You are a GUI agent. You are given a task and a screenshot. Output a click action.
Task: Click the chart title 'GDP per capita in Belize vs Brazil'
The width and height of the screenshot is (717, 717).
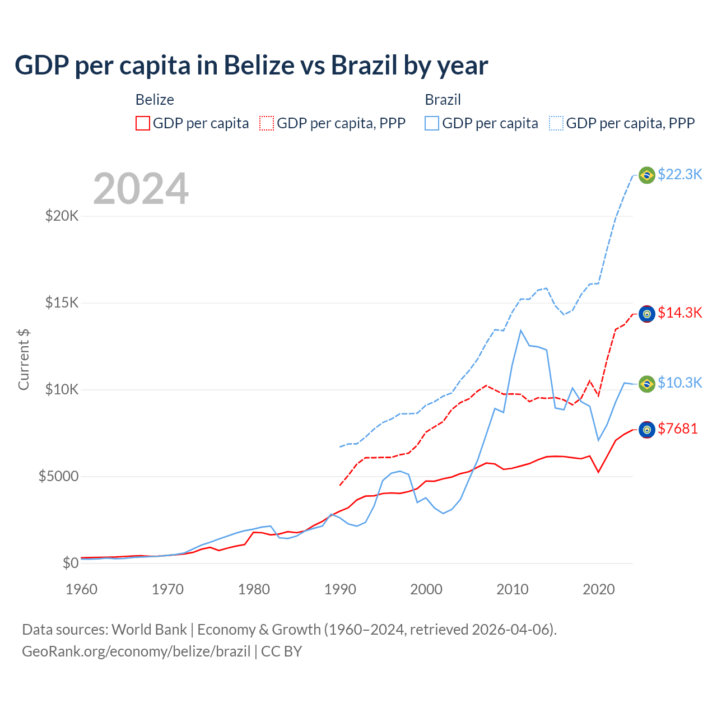tap(251, 66)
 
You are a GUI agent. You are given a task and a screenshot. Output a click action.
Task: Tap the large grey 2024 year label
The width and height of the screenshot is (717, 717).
tap(141, 189)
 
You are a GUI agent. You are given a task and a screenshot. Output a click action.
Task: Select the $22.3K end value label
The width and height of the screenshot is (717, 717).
tap(679, 174)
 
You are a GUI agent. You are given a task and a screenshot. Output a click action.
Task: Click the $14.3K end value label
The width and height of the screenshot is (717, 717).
tap(679, 313)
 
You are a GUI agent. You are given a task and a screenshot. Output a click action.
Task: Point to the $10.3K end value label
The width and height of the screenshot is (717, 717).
tap(679, 383)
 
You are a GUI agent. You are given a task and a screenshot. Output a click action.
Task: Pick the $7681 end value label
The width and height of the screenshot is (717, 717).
tap(677, 429)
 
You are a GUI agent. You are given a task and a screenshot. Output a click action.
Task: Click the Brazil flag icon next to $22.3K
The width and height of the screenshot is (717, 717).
tap(647, 175)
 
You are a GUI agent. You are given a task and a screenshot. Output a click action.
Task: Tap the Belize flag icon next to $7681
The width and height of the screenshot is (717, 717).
tap(647, 430)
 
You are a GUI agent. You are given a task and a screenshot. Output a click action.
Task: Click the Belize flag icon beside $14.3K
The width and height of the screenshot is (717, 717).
tap(647, 314)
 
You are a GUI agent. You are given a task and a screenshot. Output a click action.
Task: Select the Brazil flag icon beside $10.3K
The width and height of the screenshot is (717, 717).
tap(647, 384)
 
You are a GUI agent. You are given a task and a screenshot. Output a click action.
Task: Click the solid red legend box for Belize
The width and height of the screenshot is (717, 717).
tap(143, 123)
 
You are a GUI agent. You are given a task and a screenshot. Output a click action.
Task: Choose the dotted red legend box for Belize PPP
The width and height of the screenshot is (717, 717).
tap(267, 123)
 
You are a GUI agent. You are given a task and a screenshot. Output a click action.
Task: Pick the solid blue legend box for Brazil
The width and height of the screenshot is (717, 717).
tap(432, 123)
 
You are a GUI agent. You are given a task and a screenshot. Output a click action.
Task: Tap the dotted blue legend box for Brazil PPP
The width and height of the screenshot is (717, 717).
tap(556, 123)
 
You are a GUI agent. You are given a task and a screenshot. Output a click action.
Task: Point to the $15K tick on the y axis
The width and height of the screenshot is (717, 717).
tap(62, 303)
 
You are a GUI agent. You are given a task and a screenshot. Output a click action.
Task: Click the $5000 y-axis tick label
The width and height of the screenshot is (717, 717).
tap(58, 477)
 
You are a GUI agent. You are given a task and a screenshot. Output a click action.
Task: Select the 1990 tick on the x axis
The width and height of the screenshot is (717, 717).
tap(340, 589)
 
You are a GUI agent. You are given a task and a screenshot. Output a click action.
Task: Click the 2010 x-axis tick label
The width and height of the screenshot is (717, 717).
tap(513, 589)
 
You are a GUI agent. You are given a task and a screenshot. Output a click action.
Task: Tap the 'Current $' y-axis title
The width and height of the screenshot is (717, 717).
tap(24, 360)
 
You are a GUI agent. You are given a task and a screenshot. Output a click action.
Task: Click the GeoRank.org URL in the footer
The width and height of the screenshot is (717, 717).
tap(136, 651)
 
